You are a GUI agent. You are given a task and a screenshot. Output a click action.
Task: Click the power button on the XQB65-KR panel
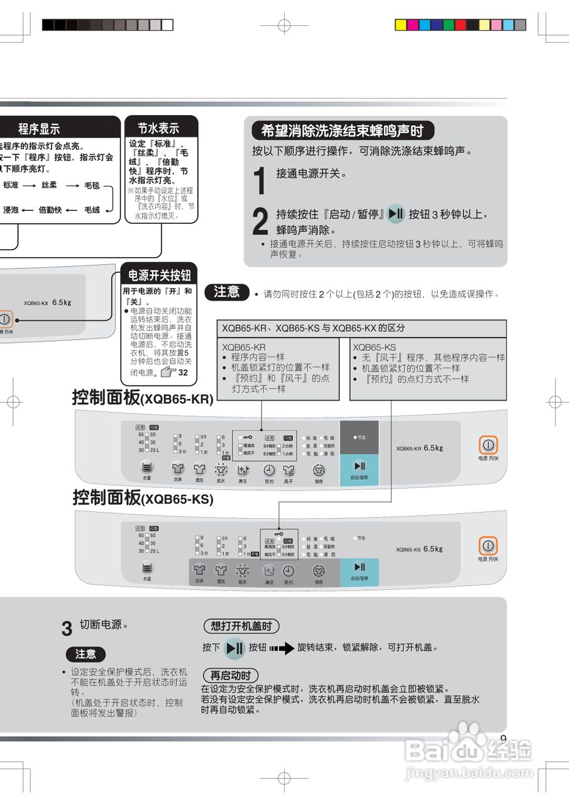489,445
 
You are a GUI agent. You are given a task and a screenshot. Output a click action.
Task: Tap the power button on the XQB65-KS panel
489,546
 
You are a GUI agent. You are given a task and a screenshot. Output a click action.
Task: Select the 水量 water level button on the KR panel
146,468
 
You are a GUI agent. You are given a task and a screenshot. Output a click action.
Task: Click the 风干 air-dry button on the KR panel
289,470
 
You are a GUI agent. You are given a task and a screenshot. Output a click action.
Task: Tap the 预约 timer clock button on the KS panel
288,571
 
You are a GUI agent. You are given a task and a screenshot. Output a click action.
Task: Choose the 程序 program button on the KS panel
319,571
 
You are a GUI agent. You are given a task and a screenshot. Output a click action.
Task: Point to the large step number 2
260,221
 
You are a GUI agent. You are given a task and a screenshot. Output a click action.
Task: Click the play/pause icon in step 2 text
395,214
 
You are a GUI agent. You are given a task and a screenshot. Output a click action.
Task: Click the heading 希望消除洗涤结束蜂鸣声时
342,131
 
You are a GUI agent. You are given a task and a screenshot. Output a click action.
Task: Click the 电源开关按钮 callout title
159,275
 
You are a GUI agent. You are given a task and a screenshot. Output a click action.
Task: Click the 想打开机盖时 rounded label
241,626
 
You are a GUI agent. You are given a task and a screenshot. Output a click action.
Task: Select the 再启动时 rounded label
230,675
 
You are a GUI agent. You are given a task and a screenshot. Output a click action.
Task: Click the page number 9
502,739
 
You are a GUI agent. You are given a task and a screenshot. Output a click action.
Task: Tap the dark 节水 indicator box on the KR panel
359,437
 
